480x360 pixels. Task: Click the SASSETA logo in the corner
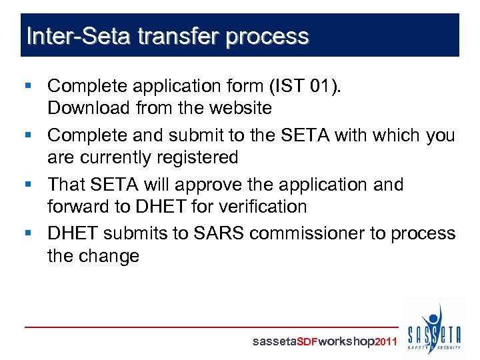pos(434,329)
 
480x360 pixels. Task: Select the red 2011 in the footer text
pos(387,342)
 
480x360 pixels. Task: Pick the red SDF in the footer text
pos(307,342)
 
